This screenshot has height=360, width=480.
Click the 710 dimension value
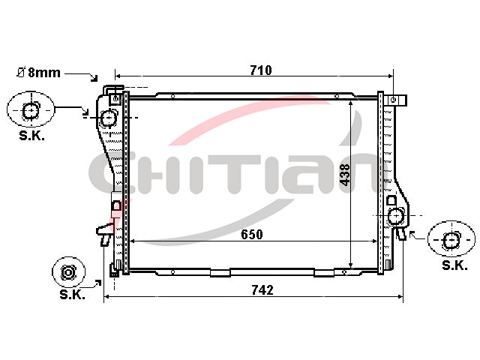coord(261,70)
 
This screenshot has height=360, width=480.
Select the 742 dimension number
coord(262,290)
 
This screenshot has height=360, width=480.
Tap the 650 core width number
coord(252,235)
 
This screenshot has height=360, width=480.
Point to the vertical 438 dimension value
coord(345,175)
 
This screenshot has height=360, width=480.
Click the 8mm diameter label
coord(38,73)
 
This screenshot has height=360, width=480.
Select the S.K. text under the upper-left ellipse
coord(31,135)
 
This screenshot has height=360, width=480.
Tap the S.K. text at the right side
coord(454,265)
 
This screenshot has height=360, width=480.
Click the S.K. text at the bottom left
coord(72,294)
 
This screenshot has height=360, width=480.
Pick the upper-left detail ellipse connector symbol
coord(31,109)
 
